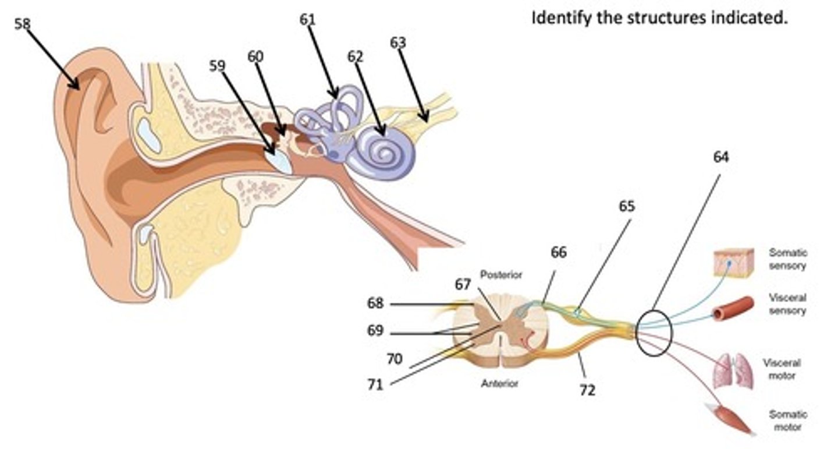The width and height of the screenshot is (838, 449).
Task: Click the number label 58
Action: [x=23, y=23]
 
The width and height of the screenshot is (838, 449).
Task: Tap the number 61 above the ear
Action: [x=307, y=19]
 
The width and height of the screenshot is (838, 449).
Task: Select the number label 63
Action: [x=398, y=43]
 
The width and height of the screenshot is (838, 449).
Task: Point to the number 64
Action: [x=720, y=157]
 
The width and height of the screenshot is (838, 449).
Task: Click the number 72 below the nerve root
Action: [x=587, y=390]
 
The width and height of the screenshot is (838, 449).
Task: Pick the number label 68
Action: [x=375, y=303]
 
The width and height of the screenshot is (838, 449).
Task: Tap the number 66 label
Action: [x=558, y=252]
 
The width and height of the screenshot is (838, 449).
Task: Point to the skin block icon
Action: [x=733, y=262]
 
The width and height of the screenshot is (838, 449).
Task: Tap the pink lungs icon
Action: [x=733, y=370]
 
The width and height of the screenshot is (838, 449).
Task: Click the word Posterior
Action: [x=501, y=275]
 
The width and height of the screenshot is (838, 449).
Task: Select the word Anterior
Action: [x=499, y=384]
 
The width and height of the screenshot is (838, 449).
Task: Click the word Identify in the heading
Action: [x=560, y=17]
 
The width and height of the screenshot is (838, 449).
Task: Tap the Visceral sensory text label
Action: [x=787, y=304]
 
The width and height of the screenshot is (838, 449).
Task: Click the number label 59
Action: [x=216, y=65]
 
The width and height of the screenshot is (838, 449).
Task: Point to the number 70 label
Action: [x=394, y=359]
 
